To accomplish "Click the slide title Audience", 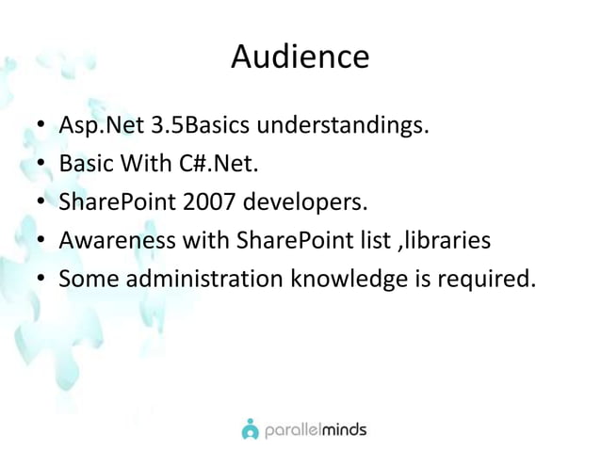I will tap(300, 58).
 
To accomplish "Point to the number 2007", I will tap(212, 202).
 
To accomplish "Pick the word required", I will tap(479, 280).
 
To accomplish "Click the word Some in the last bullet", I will tap(86, 280).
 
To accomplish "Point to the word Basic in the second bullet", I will tap(84, 164).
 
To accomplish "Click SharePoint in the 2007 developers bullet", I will tap(116, 202).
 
